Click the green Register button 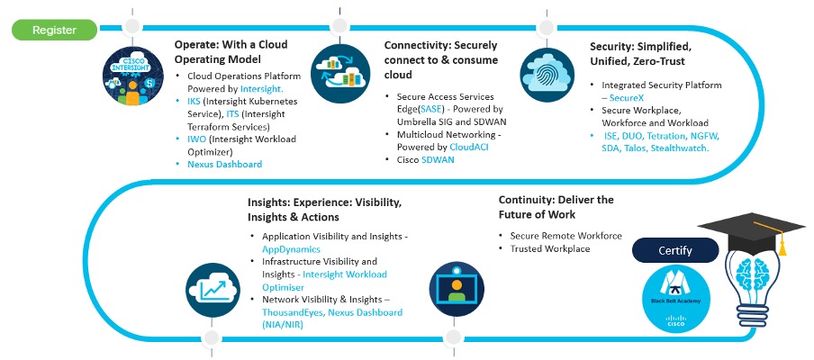pyautogui.click(x=54, y=31)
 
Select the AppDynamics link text pyautogui.click(x=291, y=248)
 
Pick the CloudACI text pyautogui.click(x=471, y=147)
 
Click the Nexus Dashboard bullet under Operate pyautogui.click(x=225, y=165)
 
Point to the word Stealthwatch pyautogui.click(x=678, y=148)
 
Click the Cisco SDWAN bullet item pyautogui.click(x=426, y=159)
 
